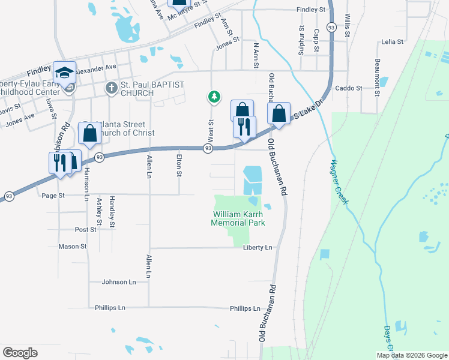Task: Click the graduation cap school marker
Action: pyautogui.click(x=64, y=73)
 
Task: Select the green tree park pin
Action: pyautogui.click(x=212, y=96)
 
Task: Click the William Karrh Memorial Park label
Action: pyautogui.click(x=238, y=218)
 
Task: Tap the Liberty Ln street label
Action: pyautogui.click(x=258, y=247)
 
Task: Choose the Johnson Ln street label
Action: pyautogui.click(x=119, y=281)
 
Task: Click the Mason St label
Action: pyautogui.click(x=73, y=246)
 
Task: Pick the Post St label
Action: pyautogui.click(x=86, y=230)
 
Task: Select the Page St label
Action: pyautogui.click(x=53, y=196)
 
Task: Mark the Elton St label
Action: pyautogui.click(x=178, y=166)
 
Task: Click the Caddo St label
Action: pyautogui.click(x=349, y=88)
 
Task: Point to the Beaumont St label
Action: pyautogui.click(x=378, y=77)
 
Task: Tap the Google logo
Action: pyautogui.click(x=20, y=353)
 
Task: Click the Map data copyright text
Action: pyautogui.click(x=411, y=355)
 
